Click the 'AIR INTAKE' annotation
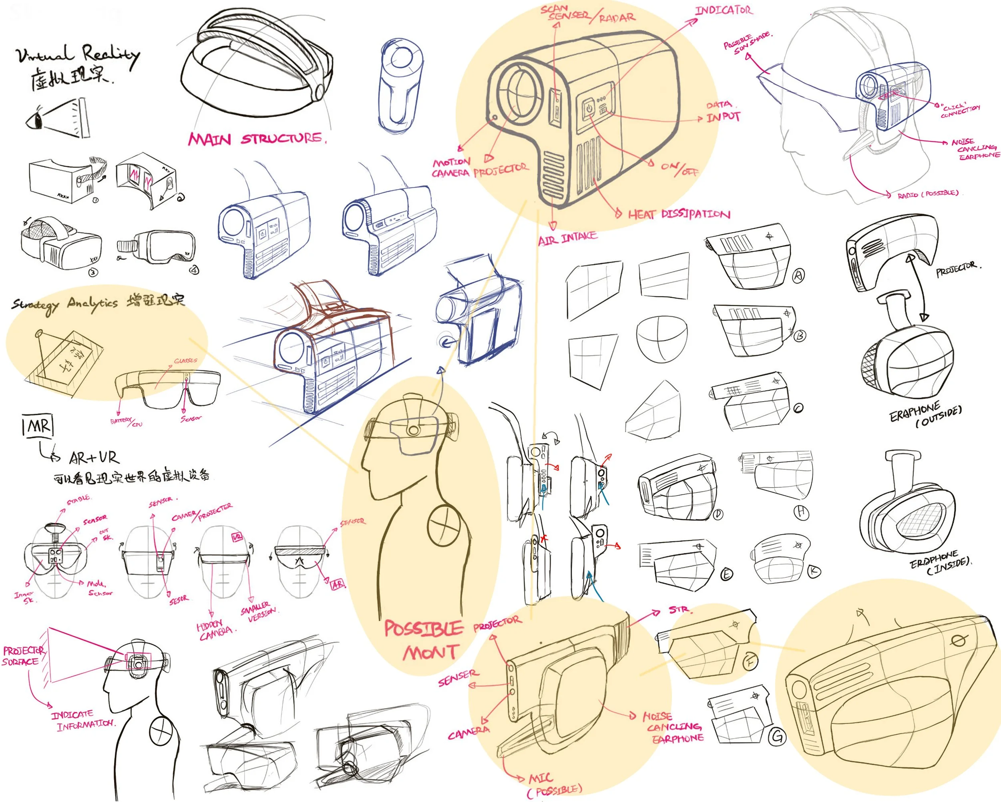point(567,239)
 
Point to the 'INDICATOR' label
point(724,10)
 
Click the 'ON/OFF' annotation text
point(679,168)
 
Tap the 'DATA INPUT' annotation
point(722,111)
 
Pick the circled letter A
point(798,276)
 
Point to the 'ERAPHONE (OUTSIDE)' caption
point(925,414)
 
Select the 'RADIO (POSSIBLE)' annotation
point(927,193)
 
